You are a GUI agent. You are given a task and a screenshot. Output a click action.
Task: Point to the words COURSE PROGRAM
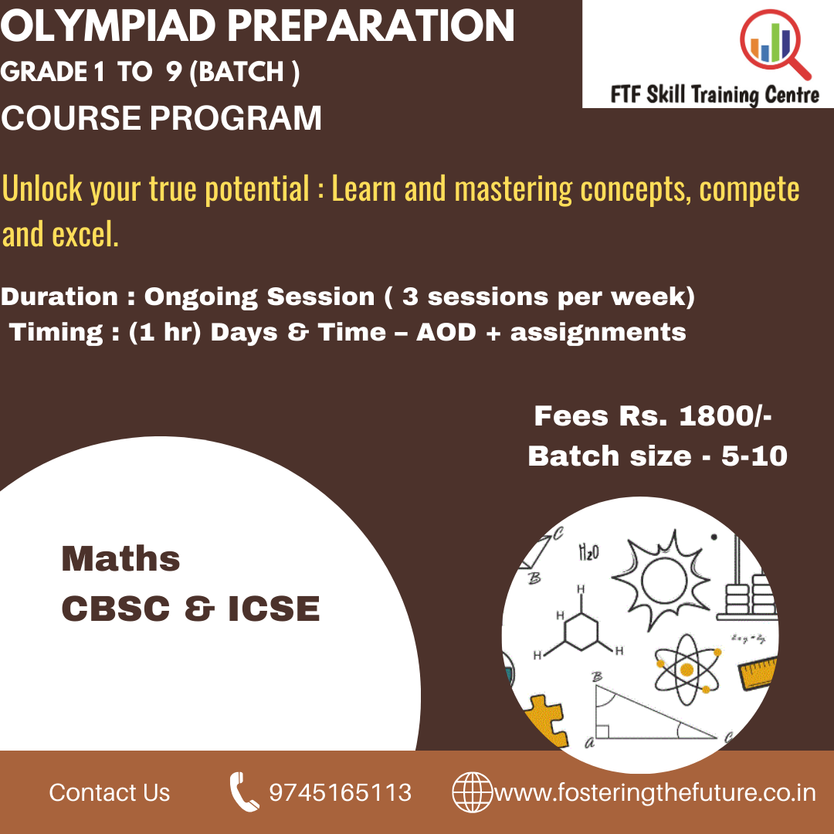(x=161, y=119)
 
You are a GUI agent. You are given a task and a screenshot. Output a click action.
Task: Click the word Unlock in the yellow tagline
(x=43, y=189)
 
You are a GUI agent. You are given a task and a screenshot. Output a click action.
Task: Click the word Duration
(x=59, y=297)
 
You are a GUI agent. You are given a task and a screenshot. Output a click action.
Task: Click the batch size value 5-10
(x=754, y=456)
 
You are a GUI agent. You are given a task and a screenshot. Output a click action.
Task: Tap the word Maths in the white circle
(x=120, y=558)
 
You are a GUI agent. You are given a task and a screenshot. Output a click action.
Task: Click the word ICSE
(x=274, y=609)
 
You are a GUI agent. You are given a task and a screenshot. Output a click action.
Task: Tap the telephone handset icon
(x=243, y=792)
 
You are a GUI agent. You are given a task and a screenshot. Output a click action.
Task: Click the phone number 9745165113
(x=340, y=792)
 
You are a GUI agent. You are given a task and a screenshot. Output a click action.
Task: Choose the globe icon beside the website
(x=471, y=792)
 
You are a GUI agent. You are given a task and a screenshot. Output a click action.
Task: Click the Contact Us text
(x=110, y=792)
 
